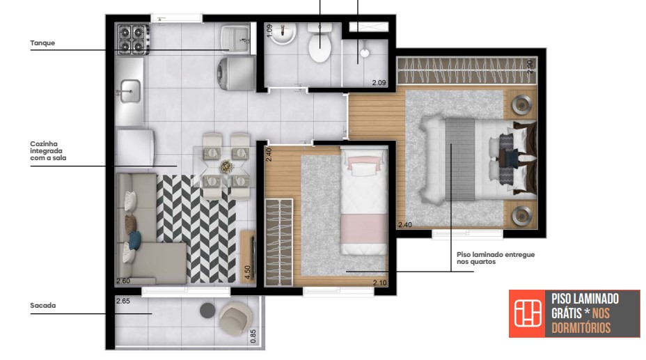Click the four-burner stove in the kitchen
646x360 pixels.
(133, 39)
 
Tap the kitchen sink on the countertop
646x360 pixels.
(130, 91)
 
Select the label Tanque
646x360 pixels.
(42, 43)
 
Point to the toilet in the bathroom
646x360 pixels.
(320, 45)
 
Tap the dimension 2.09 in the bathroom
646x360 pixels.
(379, 83)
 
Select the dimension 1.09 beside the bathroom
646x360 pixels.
(269, 31)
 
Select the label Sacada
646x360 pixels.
(42, 305)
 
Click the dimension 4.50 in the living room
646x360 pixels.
(247, 272)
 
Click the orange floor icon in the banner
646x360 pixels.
(528, 314)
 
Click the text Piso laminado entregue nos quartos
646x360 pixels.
(495, 258)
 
